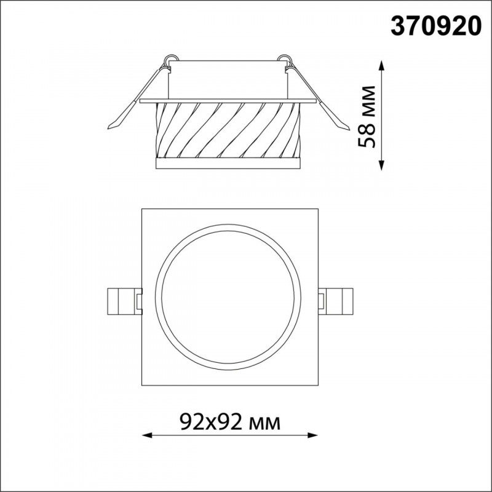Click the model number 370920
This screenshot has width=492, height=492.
click(x=436, y=26)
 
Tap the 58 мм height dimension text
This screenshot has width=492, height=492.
click(x=367, y=116)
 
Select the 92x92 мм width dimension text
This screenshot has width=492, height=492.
click(x=230, y=422)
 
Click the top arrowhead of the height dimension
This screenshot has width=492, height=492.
click(x=381, y=66)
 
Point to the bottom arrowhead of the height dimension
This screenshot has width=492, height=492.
click(x=381, y=165)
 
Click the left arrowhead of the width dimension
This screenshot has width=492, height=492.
click(x=147, y=435)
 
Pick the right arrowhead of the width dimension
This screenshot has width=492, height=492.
click(x=312, y=435)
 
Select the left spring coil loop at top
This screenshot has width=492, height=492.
click(x=171, y=58)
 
